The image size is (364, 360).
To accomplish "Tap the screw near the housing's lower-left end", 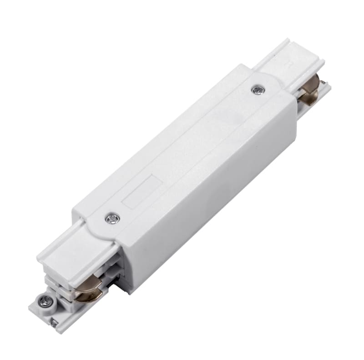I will pos(112,219).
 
